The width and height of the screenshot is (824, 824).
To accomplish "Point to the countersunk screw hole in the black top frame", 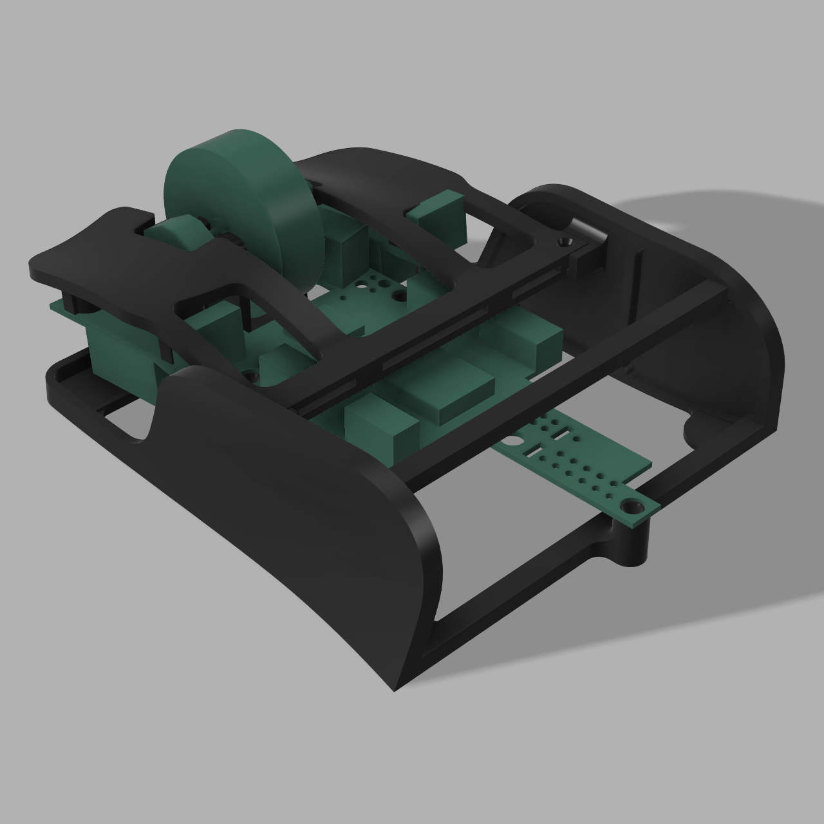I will click(566, 241).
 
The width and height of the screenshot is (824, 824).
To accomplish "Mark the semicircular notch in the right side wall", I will click(695, 428).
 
